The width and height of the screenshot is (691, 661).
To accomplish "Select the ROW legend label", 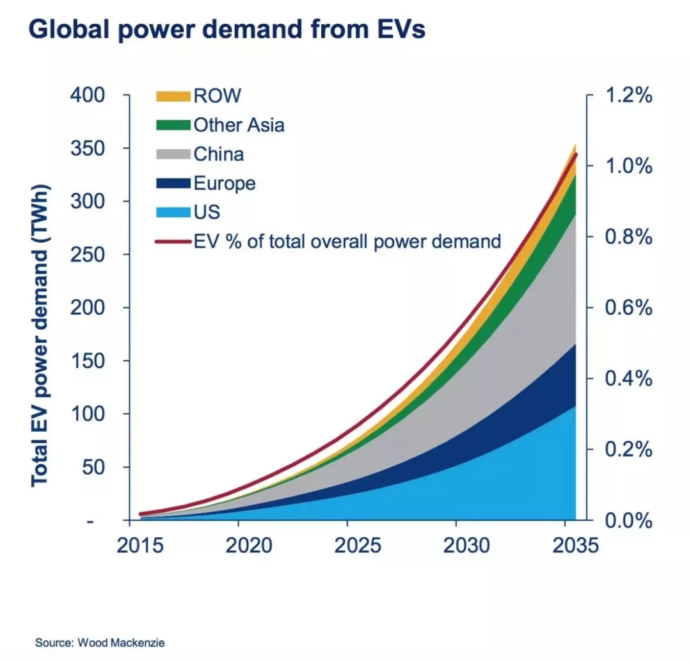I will click(217, 96).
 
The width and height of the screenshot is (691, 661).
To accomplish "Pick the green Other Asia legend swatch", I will click(173, 125).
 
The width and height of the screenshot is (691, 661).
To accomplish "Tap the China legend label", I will click(218, 154).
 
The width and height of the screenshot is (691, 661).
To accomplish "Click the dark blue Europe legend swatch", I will click(173, 184).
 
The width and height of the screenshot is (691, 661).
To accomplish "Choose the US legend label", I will click(207, 213).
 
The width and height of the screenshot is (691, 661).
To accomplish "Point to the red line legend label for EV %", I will click(347, 241).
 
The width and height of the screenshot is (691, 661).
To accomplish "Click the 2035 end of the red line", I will click(576, 154).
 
